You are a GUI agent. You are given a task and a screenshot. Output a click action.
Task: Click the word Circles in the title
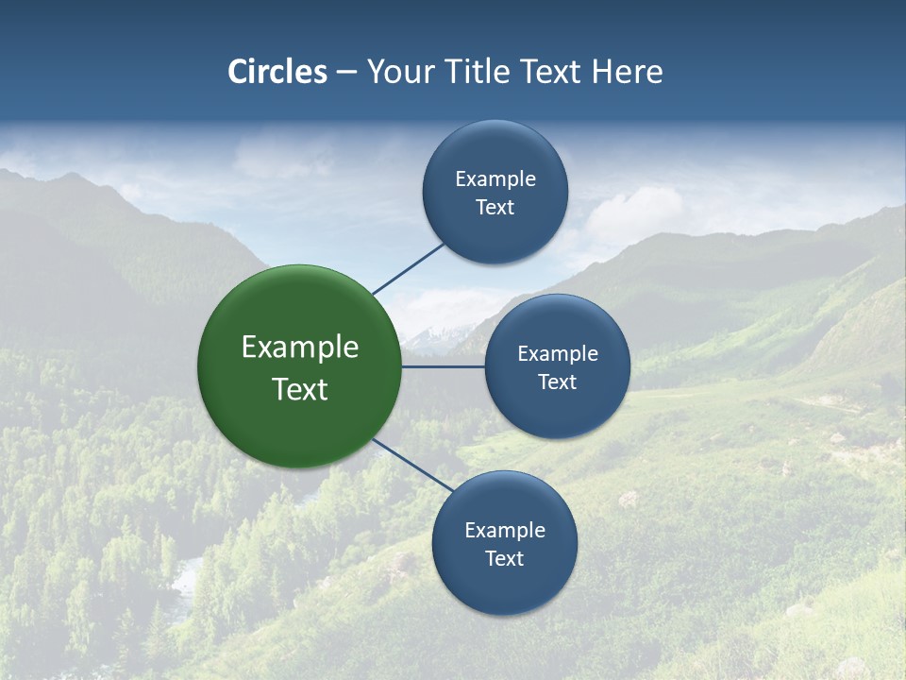277,72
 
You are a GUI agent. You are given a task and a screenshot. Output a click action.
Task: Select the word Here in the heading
627,72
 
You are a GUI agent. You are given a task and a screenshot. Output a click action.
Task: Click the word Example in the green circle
300,348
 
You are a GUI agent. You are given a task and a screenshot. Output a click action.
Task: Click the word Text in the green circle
300,389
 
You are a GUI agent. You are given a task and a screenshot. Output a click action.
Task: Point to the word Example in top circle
495,179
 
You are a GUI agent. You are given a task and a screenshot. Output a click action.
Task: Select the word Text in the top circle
495,208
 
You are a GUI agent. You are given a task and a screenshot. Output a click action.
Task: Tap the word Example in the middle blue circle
558,354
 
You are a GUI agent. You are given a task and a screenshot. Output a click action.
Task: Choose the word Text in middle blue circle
558,382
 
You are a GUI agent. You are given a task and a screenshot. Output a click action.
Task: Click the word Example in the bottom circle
505,531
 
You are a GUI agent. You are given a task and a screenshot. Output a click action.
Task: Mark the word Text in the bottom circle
505,559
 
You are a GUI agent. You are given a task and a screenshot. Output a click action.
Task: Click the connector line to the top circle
409,268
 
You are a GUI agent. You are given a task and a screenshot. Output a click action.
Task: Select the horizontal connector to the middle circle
443,366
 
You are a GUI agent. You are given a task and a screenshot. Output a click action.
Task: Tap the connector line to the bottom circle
413,465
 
